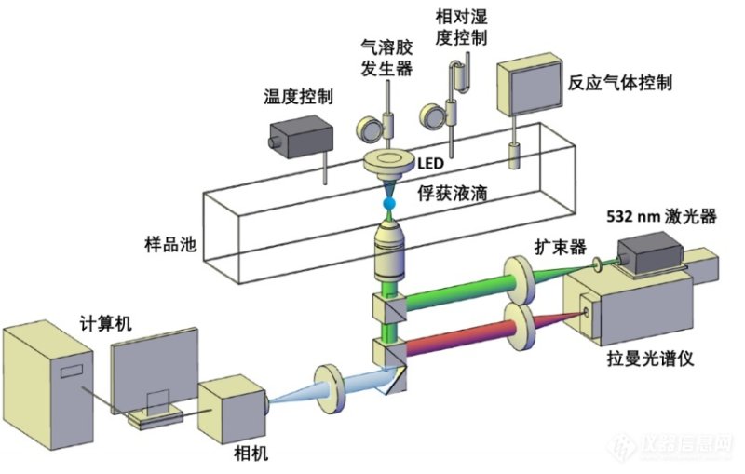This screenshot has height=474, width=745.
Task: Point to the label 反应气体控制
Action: (x=619, y=82)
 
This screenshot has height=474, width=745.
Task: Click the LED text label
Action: (x=431, y=164)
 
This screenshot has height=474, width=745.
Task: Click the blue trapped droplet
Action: (x=387, y=203)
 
